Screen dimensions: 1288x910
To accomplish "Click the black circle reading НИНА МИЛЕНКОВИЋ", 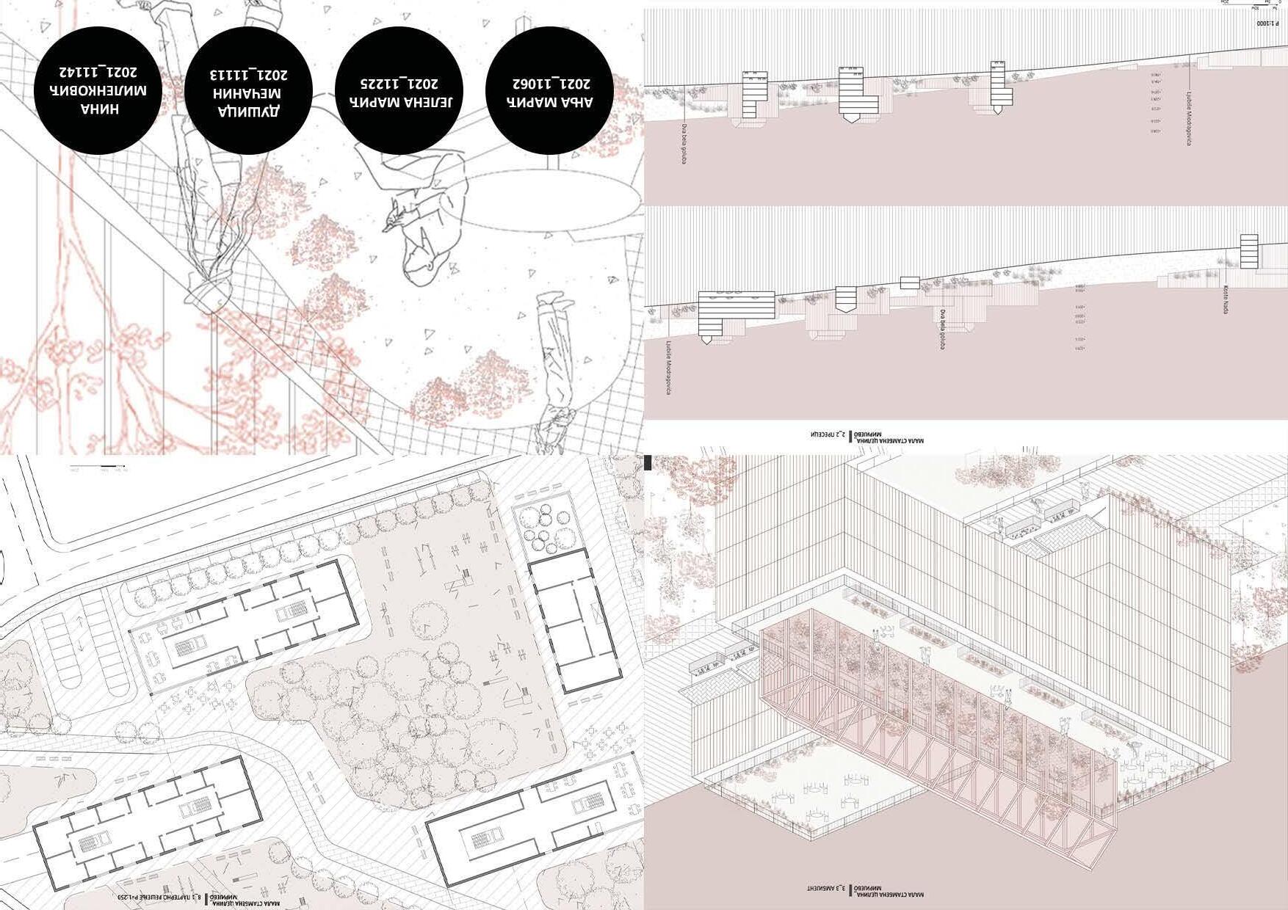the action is click(x=98, y=90).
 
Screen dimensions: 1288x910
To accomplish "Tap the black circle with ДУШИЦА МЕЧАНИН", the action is click(x=248, y=90).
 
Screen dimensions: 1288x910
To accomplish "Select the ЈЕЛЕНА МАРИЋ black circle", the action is click(x=399, y=90).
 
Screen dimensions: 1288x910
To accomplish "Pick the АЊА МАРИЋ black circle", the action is click(x=550, y=90).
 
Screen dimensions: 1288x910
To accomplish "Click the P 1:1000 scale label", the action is click(x=1267, y=24).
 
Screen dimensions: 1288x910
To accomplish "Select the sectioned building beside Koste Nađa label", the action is click(x=1248, y=252).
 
